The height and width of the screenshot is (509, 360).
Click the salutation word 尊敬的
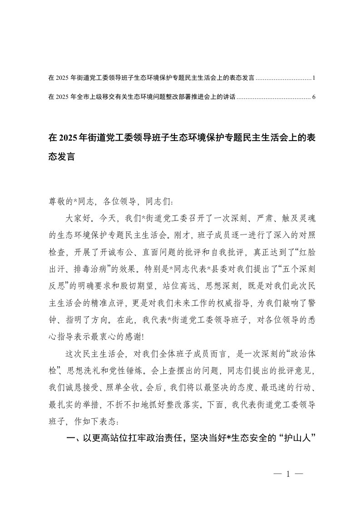tap(58, 200)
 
